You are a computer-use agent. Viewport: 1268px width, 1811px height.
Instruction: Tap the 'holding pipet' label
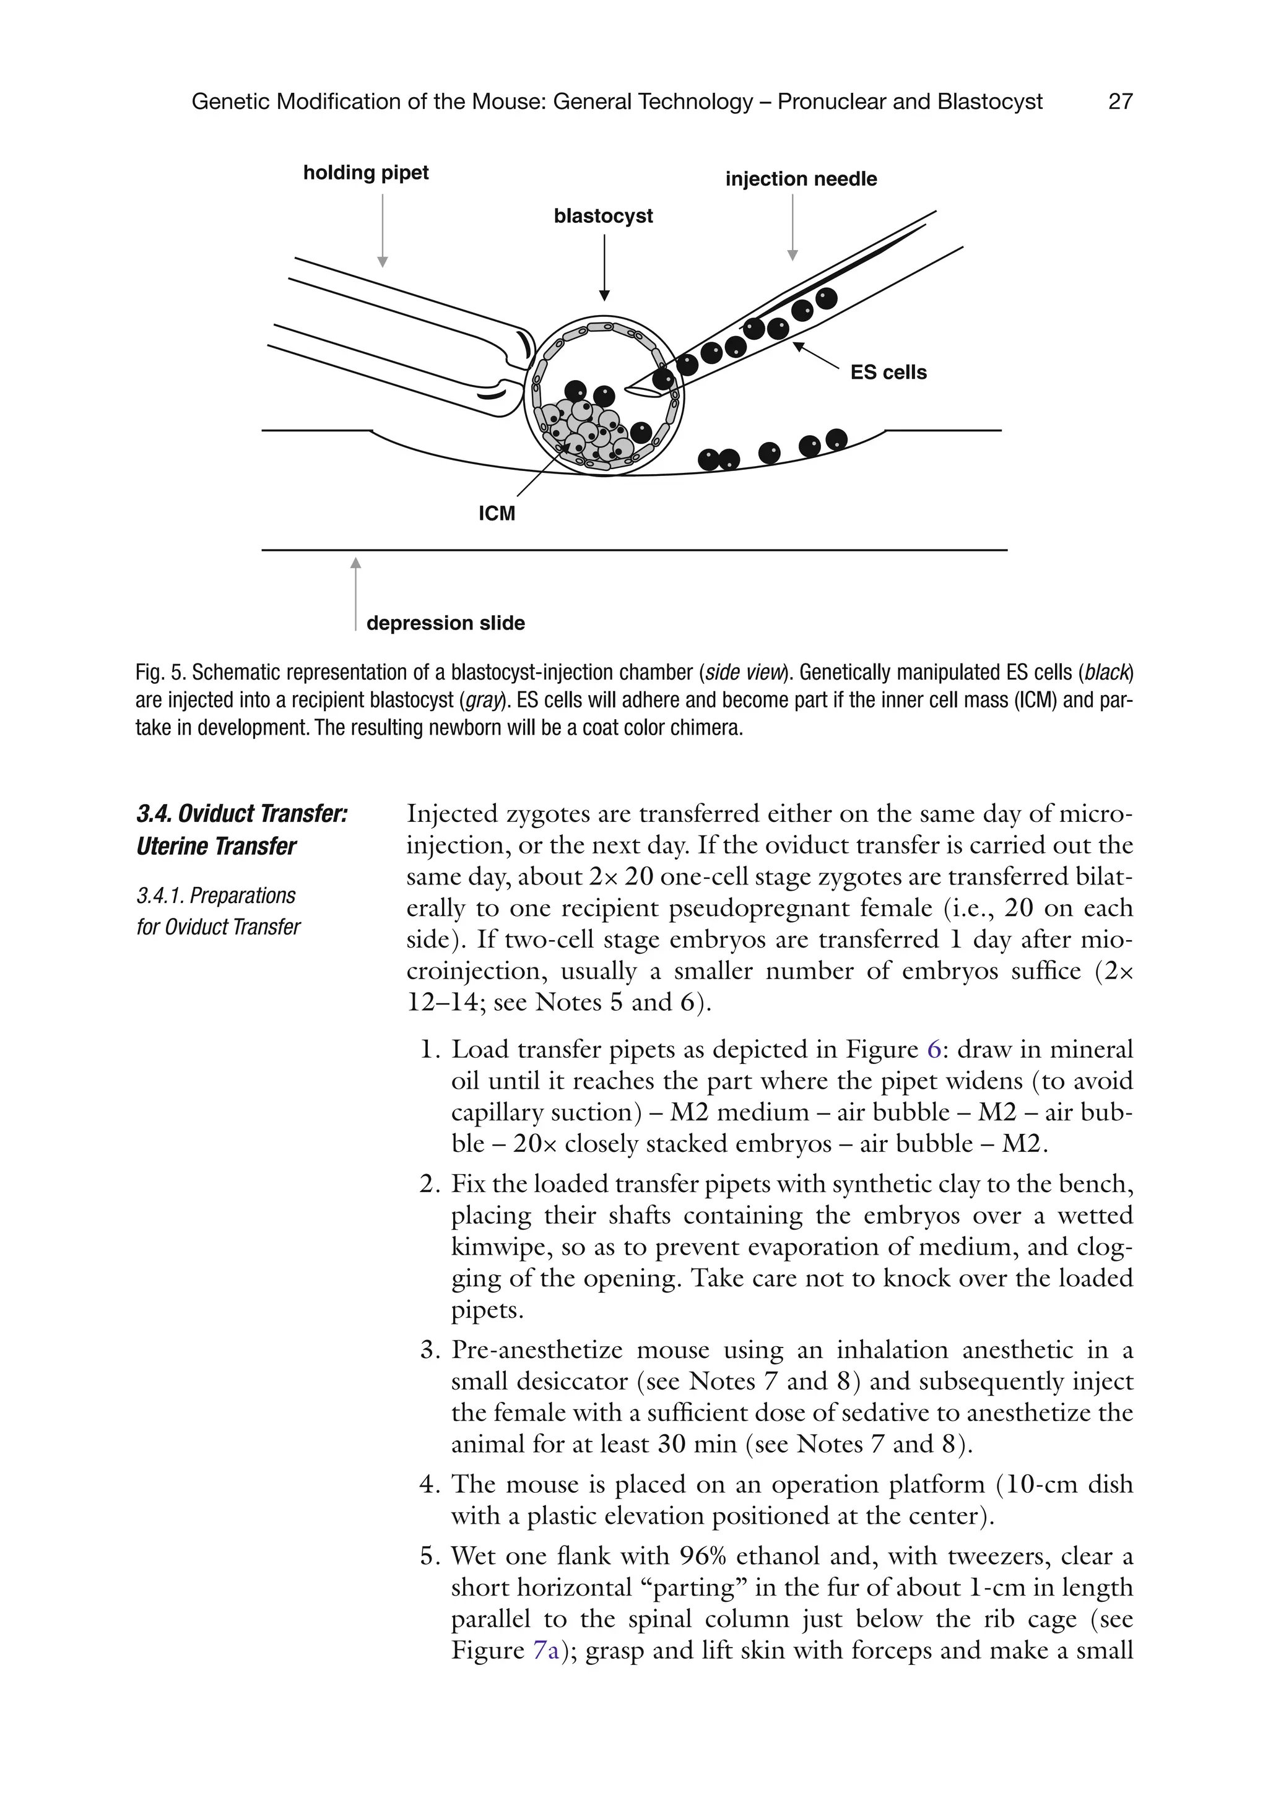tap(366, 173)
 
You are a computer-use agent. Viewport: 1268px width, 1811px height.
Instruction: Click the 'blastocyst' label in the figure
tap(604, 216)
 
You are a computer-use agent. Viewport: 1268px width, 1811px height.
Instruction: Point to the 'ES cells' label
tap(888, 373)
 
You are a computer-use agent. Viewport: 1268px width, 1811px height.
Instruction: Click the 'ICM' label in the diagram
tap(497, 514)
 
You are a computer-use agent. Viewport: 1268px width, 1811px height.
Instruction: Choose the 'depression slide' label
tap(446, 623)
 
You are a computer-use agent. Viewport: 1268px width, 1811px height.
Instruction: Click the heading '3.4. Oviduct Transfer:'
tap(242, 814)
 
